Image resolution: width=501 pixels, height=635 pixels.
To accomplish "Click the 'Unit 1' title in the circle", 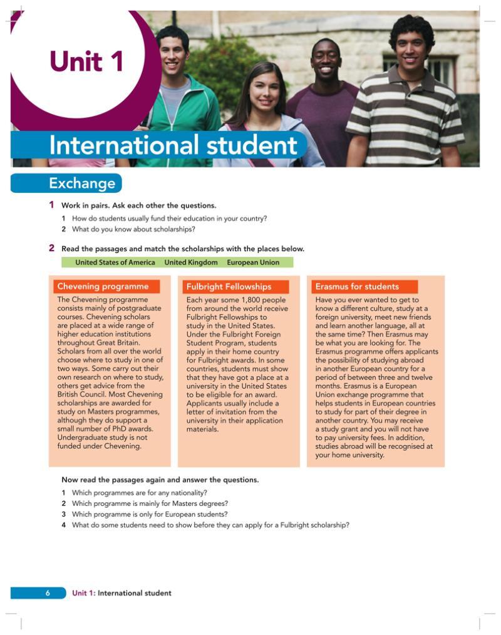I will point(86,62).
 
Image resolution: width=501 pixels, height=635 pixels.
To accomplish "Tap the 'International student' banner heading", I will point(173,145).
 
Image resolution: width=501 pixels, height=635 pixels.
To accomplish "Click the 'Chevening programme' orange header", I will point(103,287).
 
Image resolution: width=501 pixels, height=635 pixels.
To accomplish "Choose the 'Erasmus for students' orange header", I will point(357,287).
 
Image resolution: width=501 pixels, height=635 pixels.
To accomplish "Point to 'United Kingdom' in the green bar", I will point(191,262).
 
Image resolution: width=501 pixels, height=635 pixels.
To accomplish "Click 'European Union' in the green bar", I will point(253,262).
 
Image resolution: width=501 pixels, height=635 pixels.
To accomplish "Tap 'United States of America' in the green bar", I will point(115,262).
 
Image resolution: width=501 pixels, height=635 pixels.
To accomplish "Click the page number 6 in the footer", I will point(48,593).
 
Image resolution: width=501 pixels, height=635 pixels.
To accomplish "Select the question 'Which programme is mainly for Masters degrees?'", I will point(150,503).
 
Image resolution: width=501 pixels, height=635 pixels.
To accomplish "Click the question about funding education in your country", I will point(169,219).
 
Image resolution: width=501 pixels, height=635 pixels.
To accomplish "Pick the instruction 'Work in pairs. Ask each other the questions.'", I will point(138,205).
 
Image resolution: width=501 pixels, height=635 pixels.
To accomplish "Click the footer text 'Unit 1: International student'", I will point(121,593).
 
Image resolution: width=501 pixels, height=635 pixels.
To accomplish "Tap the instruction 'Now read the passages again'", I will point(160,480).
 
